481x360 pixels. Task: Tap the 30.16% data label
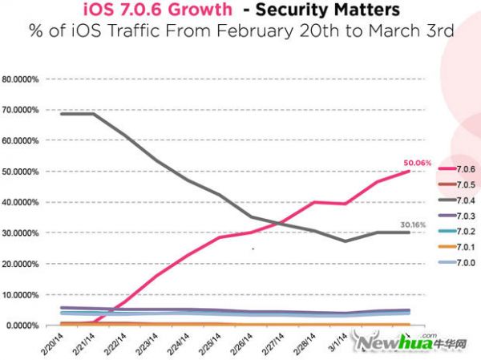point(414,224)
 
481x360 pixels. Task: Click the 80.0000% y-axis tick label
point(23,79)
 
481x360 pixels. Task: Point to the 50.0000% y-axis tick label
point(23,172)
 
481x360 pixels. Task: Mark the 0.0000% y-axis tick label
point(25,326)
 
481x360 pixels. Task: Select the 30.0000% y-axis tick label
point(23,233)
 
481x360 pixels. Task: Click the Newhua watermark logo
point(396,343)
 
